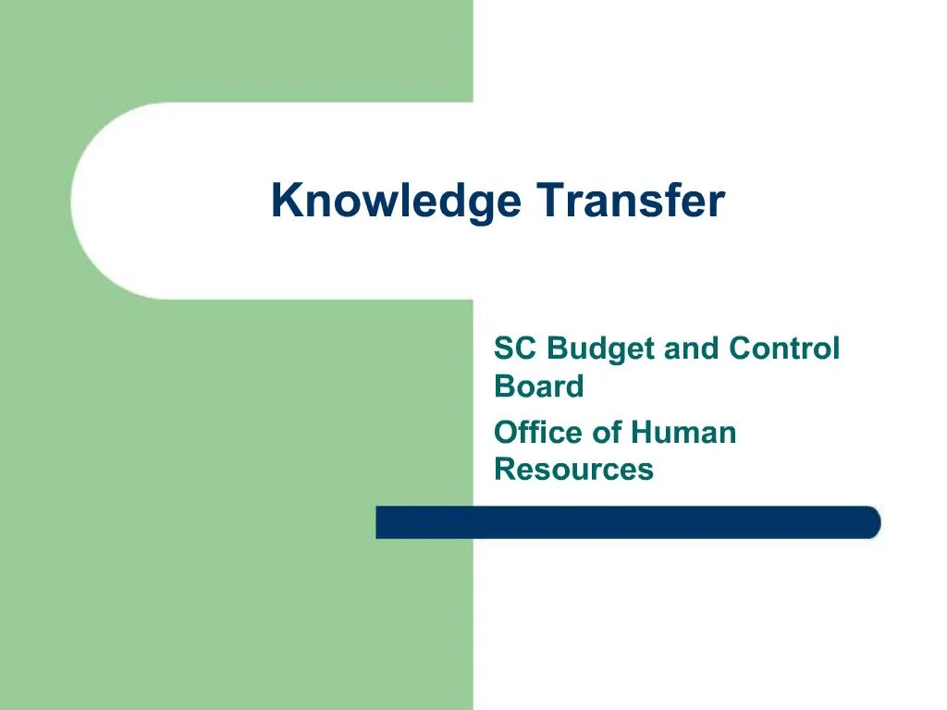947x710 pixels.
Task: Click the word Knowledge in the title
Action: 396,202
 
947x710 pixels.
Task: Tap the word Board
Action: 539,386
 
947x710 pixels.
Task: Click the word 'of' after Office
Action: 611,432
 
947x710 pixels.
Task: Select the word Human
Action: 684,432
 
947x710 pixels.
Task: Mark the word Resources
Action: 573,469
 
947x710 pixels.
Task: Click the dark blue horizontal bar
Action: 629,522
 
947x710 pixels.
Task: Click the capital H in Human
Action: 642,432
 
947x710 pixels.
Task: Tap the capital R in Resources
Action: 505,469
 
